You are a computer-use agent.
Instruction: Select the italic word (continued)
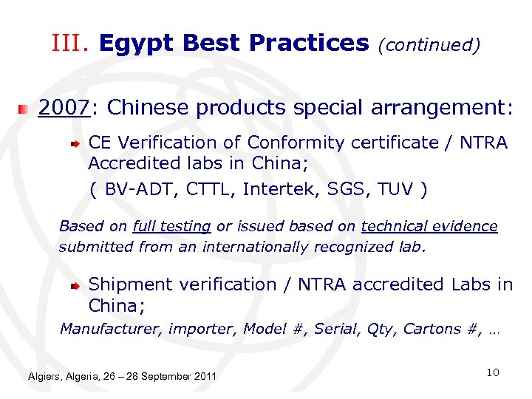(x=429, y=46)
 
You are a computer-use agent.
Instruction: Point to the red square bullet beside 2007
(x=25, y=109)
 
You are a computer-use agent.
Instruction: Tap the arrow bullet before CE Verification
(x=76, y=142)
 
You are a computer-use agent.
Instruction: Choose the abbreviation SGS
(x=338, y=189)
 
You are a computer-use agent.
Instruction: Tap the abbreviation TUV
(x=394, y=189)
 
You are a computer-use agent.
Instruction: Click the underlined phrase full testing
(x=172, y=226)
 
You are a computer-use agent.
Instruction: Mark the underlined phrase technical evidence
(x=429, y=226)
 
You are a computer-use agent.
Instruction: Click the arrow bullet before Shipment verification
(x=76, y=284)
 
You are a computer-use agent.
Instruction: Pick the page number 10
(x=493, y=373)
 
